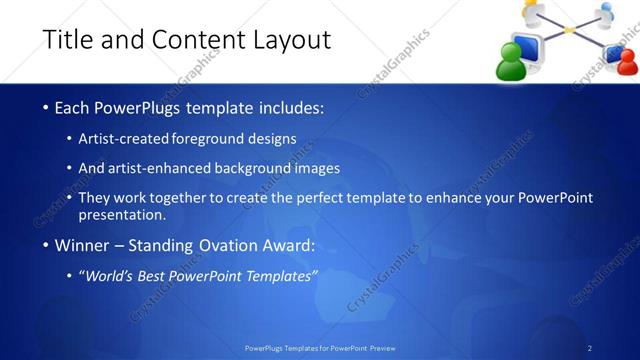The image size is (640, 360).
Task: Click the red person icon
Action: [x=627, y=62]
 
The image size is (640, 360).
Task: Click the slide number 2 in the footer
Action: [x=590, y=348]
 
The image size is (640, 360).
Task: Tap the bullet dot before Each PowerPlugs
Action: [x=45, y=107]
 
